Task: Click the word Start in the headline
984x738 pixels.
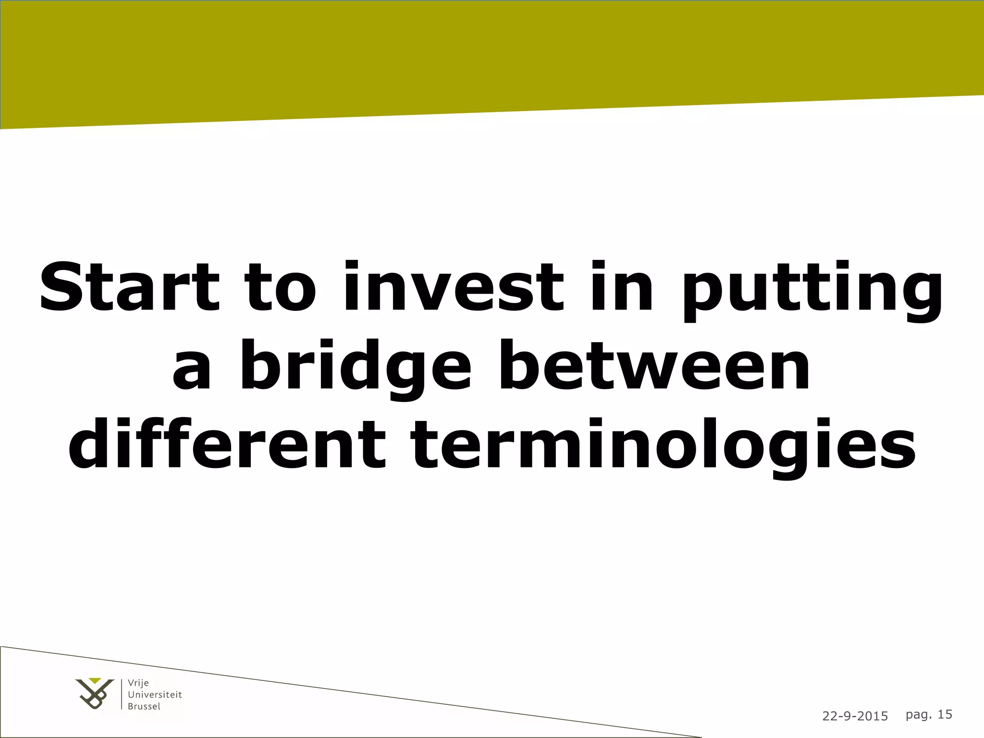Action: click(x=129, y=286)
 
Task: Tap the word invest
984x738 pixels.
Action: click(x=453, y=286)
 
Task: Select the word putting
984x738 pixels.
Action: click(x=812, y=291)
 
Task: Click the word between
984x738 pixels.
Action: click(x=654, y=365)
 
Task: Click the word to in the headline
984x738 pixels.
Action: click(x=281, y=287)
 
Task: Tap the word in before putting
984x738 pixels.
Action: click(x=622, y=286)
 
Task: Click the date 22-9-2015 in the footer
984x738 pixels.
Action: click(x=855, y=716)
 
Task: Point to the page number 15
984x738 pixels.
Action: click(x=945, y=714)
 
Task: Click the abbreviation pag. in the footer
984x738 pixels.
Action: click(x=918, y=715)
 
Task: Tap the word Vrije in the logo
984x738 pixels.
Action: click(x=138, y=683)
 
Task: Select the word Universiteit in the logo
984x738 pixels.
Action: click(x=155, y=695)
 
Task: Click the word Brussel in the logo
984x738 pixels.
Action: click(x=144, y=706)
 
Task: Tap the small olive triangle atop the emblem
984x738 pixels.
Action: click(x=95, y=680)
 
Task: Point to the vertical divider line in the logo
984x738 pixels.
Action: click(x=122, y=694)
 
